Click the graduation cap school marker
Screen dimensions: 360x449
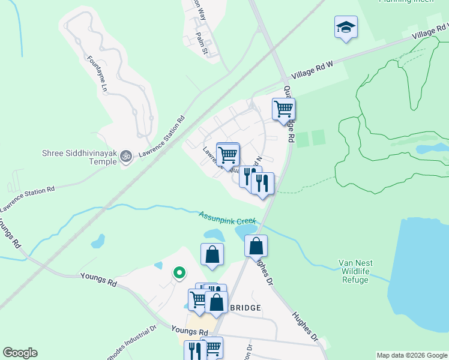click(345, 28)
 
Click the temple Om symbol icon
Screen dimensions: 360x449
click(126, 157)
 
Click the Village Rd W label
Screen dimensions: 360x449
click(312, 70)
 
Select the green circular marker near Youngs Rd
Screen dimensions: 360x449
click(178, 273)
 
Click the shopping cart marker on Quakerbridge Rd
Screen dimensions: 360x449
click(283, 109)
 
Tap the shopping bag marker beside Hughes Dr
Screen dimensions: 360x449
click(256, 245)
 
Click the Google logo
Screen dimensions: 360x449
click(20, 353)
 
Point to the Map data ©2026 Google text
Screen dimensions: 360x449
click(412, 355)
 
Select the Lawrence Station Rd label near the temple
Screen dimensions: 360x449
click(161, 137)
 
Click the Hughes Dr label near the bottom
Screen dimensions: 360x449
click(304, 326)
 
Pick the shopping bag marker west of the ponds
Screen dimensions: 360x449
click(212, 254)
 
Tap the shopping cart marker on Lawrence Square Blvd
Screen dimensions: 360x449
click(228, 155)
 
